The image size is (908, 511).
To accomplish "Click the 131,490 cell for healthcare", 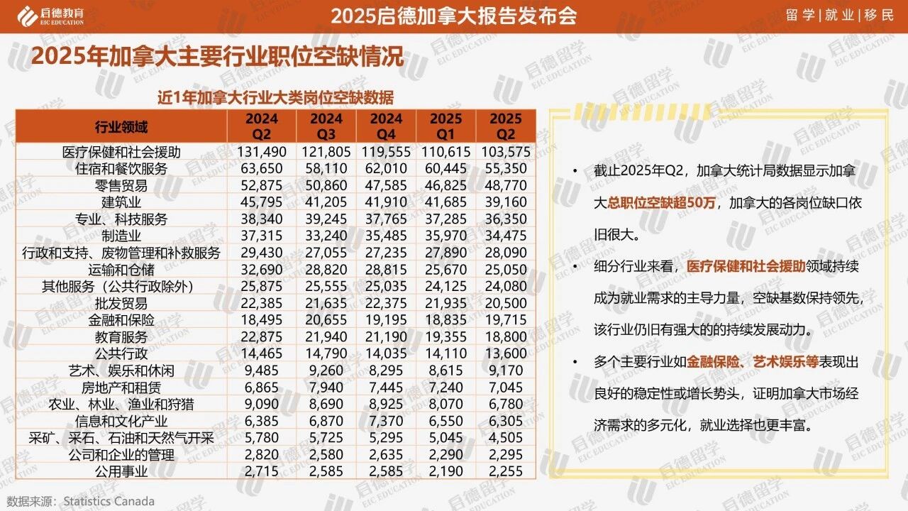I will [x=257, y=152].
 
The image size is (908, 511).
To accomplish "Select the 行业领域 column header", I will [x=121, y=127].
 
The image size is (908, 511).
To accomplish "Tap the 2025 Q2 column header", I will [x=505, y=126].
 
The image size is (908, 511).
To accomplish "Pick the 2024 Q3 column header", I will [x=326, y=126].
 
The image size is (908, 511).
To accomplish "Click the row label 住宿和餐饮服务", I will [x=121, y=169].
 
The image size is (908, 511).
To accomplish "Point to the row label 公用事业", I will [x=121, y=471].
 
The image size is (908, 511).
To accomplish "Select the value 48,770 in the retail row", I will [x=505, y=186].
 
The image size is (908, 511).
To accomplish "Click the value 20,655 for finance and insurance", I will [x=326, y=320].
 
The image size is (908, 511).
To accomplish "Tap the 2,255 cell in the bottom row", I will [x=505, y=471].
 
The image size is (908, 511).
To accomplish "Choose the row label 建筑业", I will [x=121, y=202].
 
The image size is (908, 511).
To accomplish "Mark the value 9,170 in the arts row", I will [x=505, y=370].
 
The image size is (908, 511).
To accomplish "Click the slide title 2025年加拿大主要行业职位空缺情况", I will [x=217, y=56].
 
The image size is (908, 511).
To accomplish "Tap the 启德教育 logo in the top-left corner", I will [x=50, y=15].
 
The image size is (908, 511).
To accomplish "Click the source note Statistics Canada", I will [x=108, y=501].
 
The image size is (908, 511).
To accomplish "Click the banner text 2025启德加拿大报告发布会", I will [x=454, y=16].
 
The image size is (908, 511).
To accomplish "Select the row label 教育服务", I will [x=121, y=337].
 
